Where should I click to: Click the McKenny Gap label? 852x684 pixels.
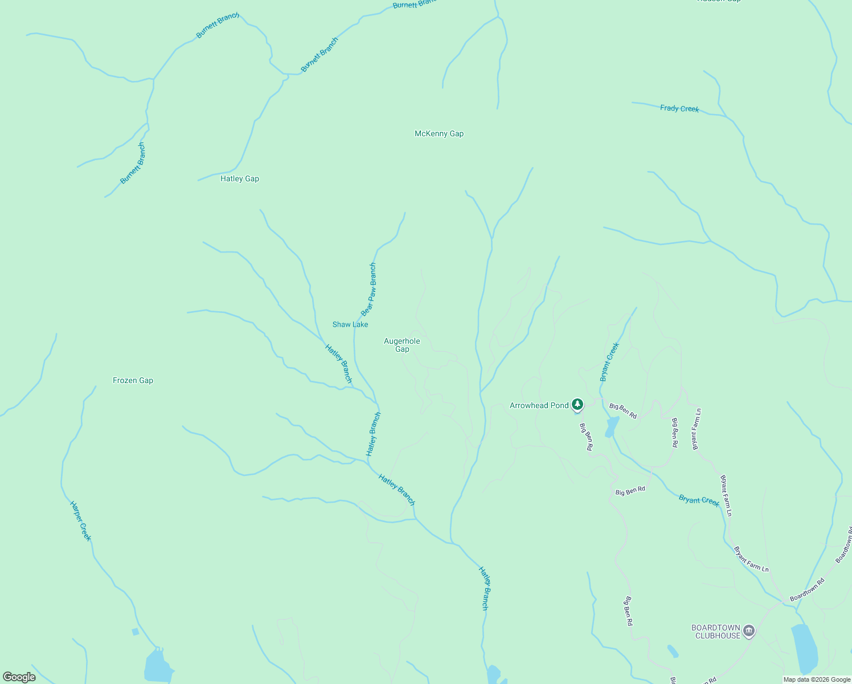(439, 133)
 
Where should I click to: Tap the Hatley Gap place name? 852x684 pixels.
(239, 178)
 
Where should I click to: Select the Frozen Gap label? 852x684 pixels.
(133, 380)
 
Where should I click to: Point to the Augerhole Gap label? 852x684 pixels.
(402, 345)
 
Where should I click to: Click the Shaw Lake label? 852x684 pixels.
(350, 324)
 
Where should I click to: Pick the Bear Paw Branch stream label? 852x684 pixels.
(369, 290)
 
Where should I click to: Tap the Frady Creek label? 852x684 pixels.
(679, 108)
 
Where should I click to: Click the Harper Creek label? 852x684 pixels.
(80, 521)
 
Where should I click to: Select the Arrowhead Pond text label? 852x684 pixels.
(539, 405)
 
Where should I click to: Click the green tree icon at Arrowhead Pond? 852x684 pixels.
(577, 405)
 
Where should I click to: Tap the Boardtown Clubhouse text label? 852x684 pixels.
(716, 632)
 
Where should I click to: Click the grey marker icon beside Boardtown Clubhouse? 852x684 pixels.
(749, 631)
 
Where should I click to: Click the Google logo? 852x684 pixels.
(19, 677)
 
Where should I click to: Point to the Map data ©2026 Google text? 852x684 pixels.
(817, 679)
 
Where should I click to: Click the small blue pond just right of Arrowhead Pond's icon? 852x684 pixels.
(612, 426)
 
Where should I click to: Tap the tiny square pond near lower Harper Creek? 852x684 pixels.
(135, 632)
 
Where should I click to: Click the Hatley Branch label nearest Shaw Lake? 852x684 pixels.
(339, 364)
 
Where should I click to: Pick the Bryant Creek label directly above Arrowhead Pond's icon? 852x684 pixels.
(609, 362)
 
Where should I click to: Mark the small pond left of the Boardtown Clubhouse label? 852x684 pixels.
(673, 650)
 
